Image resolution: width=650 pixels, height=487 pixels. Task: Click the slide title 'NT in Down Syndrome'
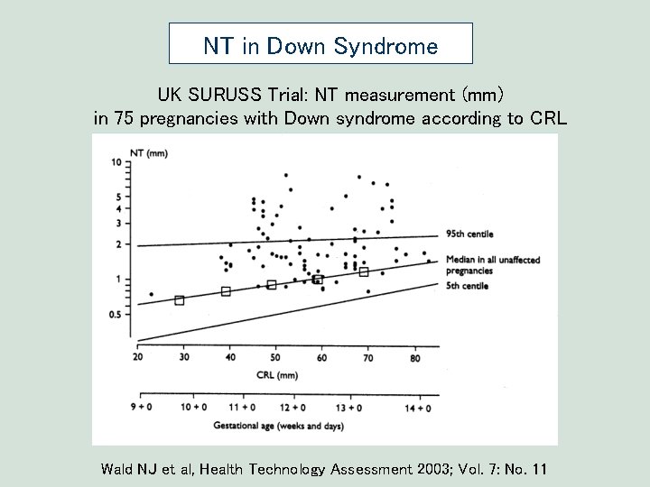click(320, 46)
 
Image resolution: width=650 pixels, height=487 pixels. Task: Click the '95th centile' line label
click(469, 234)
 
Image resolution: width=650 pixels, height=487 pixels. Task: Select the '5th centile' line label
click(467, 286)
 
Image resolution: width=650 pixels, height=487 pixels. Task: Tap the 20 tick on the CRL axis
click(137, 358)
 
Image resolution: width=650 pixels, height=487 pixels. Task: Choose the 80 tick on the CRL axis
click(414, 358)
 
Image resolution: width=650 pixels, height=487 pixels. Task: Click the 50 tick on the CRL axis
click(276, 358)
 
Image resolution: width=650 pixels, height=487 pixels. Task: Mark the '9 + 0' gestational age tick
click(141, 408)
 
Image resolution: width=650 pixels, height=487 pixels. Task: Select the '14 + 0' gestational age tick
click(417, 408)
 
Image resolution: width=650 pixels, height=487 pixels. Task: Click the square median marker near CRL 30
click(179, 300)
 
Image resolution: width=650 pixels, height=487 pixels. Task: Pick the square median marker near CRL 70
click(364, 271)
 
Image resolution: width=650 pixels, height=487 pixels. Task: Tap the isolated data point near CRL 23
click(151, 294)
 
